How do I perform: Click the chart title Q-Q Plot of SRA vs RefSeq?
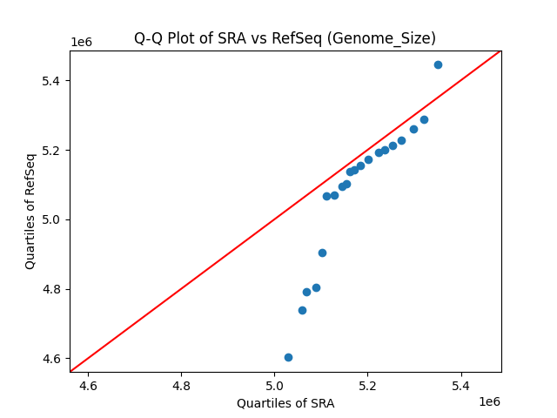(x=285, y=38)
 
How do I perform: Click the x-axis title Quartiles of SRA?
(x=285, y=403)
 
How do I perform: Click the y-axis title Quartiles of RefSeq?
(x=30, y=211)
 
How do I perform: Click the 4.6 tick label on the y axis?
(x=51, y=359)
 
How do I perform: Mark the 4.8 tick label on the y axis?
(x=51, y=289)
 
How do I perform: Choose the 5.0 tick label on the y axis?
(x=51, y=219)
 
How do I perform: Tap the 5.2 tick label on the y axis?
(x=51, y=151)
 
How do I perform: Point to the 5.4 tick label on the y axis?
(x=51, y=81)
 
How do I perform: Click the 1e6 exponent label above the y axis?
(x=82, y=43)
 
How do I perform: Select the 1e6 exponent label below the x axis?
(x=488, y=401)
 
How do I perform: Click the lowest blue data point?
(x=288, y=357)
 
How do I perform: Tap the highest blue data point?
(x=438, y=64)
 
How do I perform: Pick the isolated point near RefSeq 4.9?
(x=322, y=253)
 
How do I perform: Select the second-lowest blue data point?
(x=302, y=310)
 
